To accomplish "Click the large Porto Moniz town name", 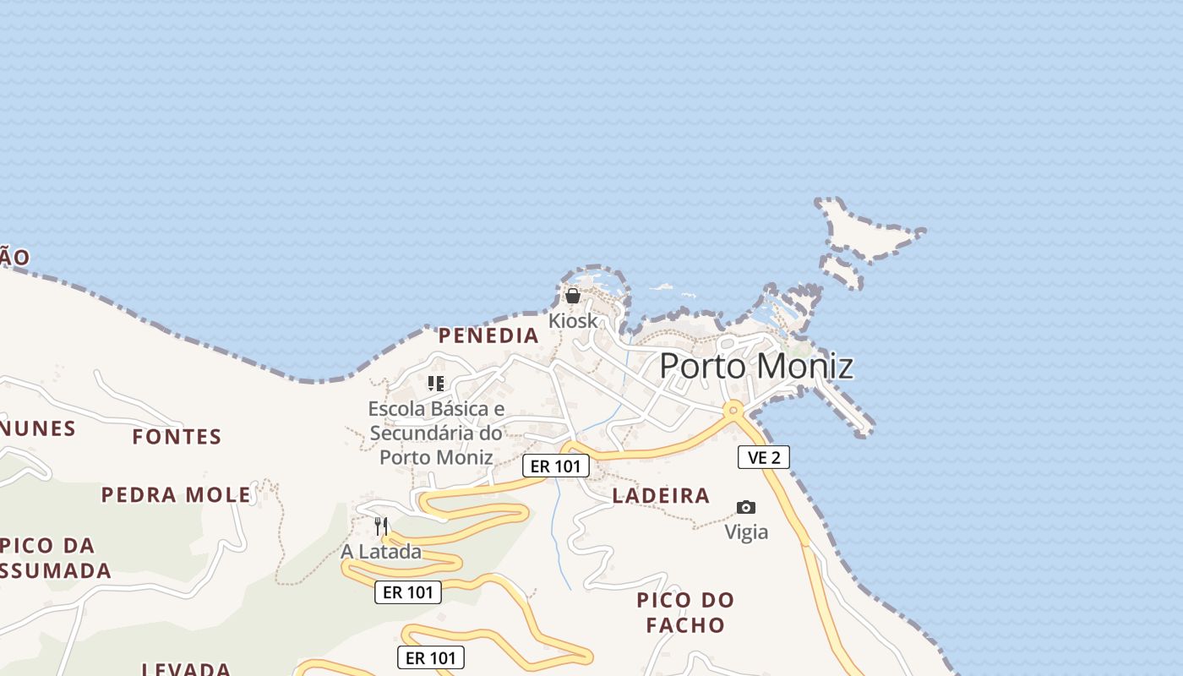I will coord(755,367).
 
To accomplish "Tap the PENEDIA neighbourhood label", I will coord(488,335).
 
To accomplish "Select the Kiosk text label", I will coord(573,321).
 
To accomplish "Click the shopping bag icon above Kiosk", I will coord(573,296).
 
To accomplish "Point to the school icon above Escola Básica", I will coord(436,384).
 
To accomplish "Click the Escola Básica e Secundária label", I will coord(436,433).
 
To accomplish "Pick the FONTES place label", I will coord(177,437).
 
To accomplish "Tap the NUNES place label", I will coord(39,429).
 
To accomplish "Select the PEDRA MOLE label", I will coord(177,494).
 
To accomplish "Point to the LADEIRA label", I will coord(661,496).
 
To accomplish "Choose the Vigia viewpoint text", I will coord(746,532).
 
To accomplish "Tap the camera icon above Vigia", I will coord(745,507).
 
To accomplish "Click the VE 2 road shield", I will coord(764,457).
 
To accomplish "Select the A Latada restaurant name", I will coord(381,553).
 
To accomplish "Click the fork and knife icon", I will coord(381,526).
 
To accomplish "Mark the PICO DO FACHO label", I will coord(685,613).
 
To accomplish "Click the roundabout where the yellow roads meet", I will coord(733,410).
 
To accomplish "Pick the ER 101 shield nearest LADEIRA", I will coord(555,466).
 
